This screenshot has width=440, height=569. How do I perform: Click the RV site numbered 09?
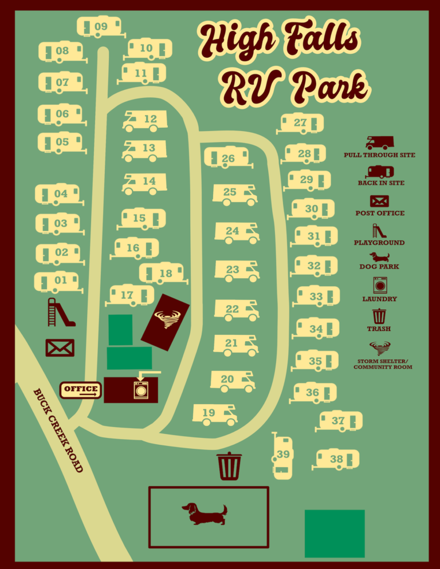[x=100, y=27]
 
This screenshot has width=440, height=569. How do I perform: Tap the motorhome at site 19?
[x=215, y=414]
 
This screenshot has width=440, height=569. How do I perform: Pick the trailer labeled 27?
[x=301, y=124]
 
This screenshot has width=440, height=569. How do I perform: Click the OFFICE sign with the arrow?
[x=81, y=390]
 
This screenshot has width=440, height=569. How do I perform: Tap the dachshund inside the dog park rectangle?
[x=205, y=513]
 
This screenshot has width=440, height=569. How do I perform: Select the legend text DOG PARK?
[x=379, y=267]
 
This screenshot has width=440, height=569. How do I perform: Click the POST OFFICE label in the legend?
[x=379, y=213]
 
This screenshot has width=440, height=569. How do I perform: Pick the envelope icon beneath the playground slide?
[x=60, y=347]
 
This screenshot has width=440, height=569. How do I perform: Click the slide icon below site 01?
[x=60, y=312]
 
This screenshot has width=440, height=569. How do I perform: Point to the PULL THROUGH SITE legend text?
[x=379, y=155]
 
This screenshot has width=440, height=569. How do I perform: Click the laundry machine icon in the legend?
[x=380, y=285]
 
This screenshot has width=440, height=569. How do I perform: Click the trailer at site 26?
[x=227, y=158]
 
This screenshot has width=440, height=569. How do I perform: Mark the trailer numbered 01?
[x=57, y=280]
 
